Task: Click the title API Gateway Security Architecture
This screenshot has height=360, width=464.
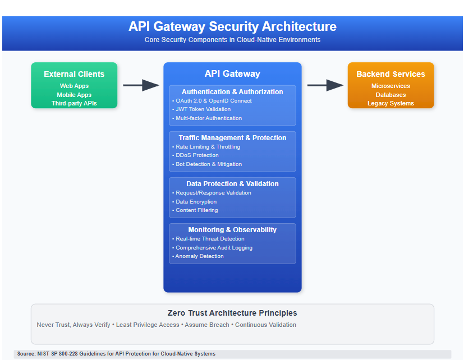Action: [232, 26]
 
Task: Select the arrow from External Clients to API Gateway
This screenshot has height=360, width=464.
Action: [141, 85]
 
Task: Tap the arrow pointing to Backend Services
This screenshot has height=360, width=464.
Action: [325, 85]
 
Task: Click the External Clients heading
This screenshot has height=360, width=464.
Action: [74, 74]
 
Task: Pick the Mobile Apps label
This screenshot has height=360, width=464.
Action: [74, 95]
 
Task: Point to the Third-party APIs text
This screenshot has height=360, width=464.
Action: [74, 103]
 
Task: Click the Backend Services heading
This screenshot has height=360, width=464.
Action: [391, 74]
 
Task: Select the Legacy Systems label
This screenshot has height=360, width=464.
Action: [391, 103]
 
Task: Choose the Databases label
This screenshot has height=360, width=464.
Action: [391, 95]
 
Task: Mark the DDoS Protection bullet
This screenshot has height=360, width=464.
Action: [197, 155]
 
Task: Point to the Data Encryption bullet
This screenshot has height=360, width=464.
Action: [196, 202]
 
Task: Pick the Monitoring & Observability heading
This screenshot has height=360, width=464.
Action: [232, 229]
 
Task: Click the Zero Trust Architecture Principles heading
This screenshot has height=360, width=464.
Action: [232, 313]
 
